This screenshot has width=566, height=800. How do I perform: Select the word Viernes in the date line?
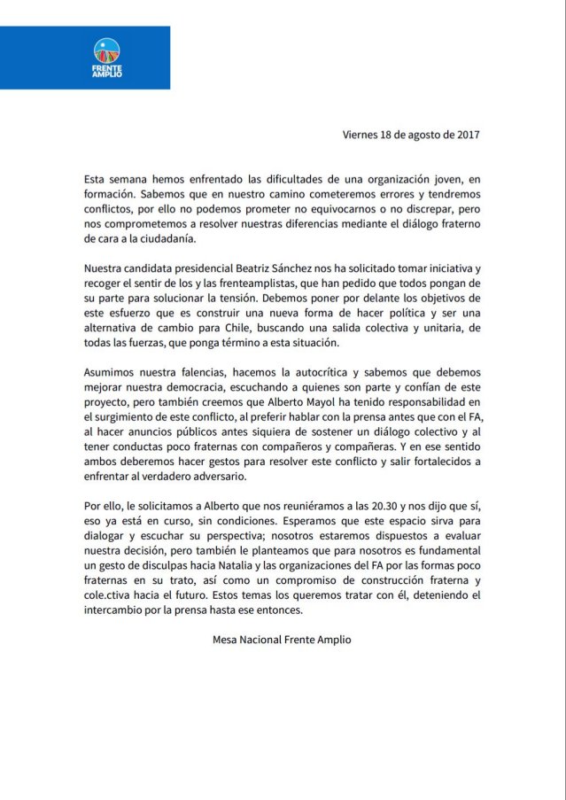(x=362, y=135)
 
